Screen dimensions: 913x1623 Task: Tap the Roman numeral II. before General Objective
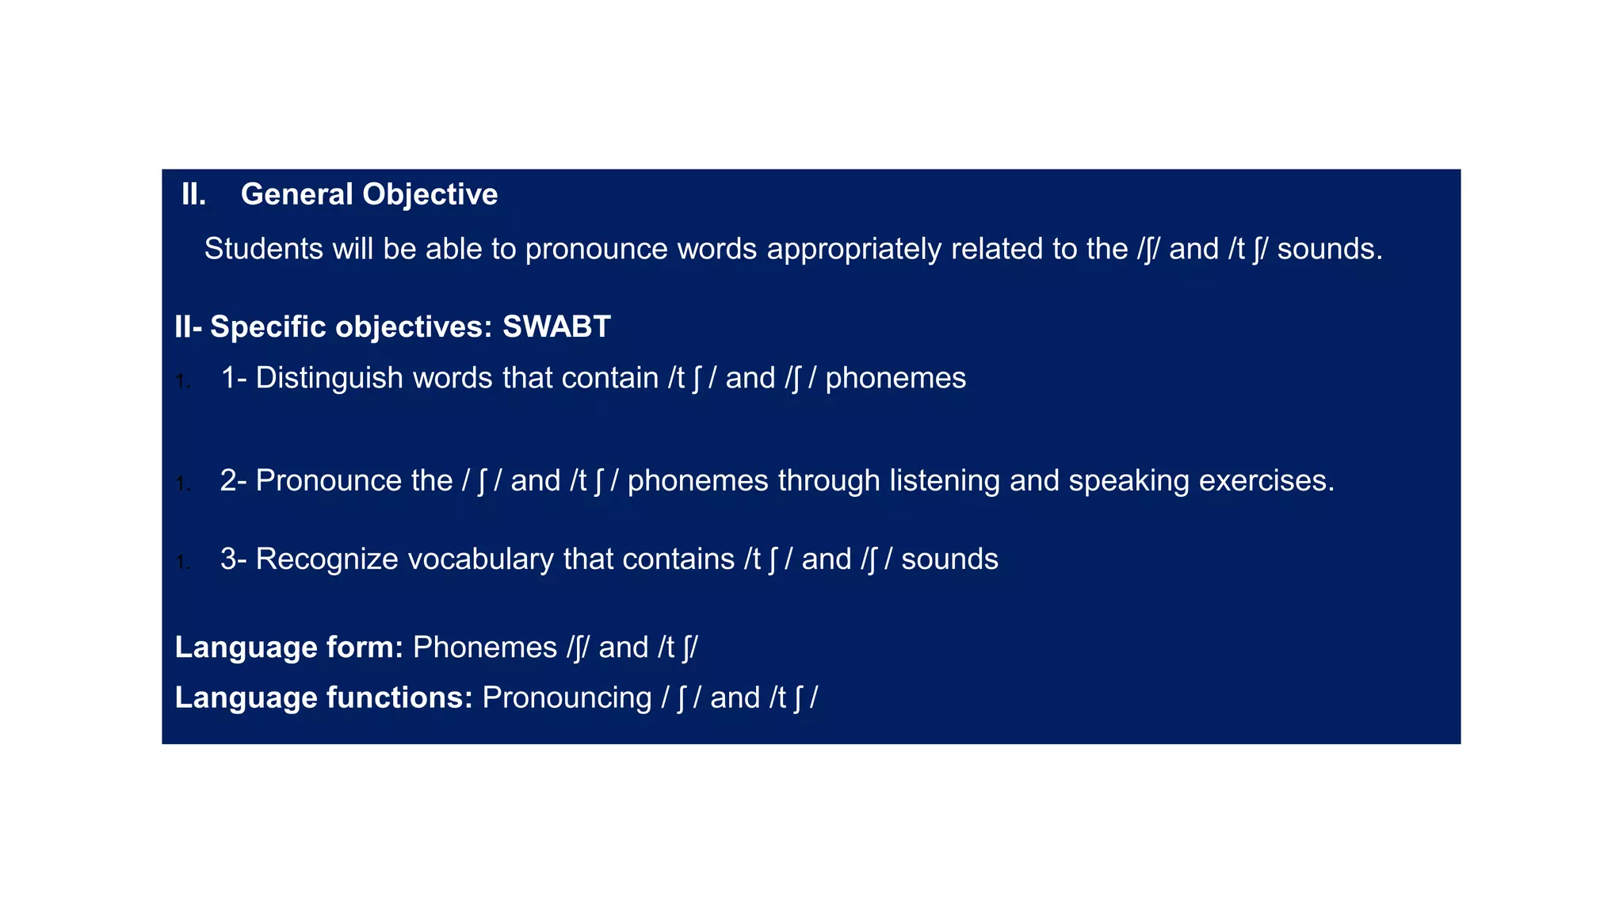[193, 195]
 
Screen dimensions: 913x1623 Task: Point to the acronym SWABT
[556, 327]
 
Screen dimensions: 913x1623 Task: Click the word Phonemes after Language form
[485, 648]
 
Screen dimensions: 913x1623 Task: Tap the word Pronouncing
[567, 698]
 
